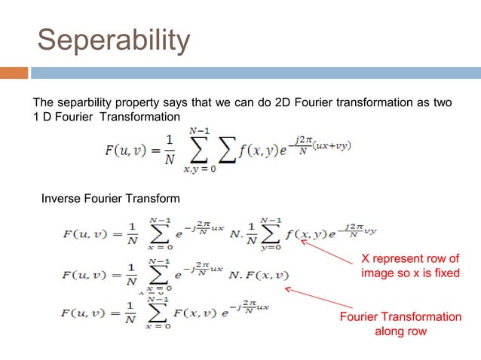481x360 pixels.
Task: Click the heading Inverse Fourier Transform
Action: point(110,199)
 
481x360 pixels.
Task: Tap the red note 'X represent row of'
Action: point(410,258)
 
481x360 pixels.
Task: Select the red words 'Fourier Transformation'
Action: point(400,317)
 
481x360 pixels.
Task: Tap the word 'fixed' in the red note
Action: point(445,273)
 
